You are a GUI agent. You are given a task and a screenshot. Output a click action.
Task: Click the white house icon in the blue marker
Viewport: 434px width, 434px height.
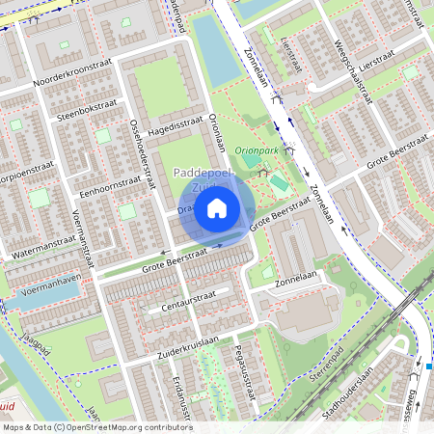pos(217,207)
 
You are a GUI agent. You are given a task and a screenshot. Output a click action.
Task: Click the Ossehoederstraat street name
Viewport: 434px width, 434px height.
pos(142,154)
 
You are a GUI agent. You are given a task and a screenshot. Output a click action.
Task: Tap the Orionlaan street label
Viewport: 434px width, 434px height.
pos(217,131)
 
